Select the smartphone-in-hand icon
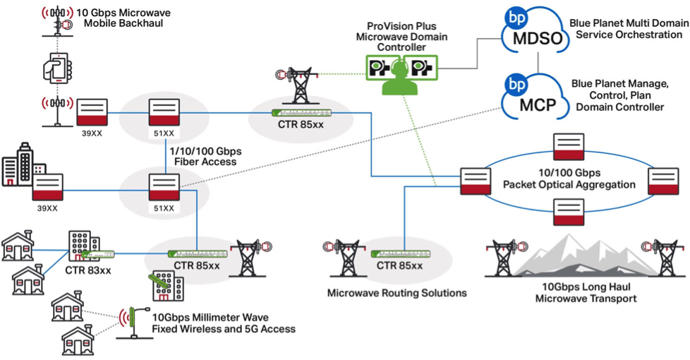(x=59, y=71)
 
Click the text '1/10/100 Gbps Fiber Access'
(x=205, y=156)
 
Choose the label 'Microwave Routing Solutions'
(x=397, y=292)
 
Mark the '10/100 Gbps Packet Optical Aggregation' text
(x=568, y=179)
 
